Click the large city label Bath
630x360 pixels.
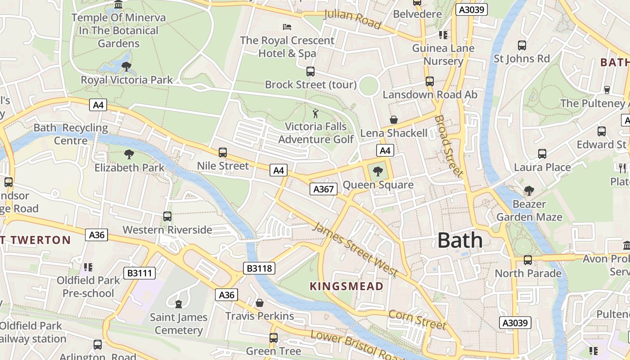(460, 240)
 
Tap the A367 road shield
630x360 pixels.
(324, 189)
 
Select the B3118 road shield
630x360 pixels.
(260, 269)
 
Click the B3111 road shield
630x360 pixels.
(139, 273)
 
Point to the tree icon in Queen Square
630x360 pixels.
(378, 171)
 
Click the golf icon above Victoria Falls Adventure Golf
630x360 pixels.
(316, 113)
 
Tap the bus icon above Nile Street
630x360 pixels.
(222, 153)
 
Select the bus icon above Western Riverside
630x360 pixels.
(167, 216)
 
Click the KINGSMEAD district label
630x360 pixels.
(346, 286)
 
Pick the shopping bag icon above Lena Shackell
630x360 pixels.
(394, 120)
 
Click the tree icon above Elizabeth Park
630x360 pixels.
(129, 154)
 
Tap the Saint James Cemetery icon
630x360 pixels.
(179, 304)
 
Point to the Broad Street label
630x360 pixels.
(448, 146)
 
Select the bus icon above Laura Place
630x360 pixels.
(542, 154)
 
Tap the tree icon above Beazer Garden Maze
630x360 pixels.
(529, 191)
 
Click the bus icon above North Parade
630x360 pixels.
(528, 260)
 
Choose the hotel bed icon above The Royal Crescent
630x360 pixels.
(287, 27)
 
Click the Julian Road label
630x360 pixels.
(352, 18)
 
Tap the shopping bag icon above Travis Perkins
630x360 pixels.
(260, 303)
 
